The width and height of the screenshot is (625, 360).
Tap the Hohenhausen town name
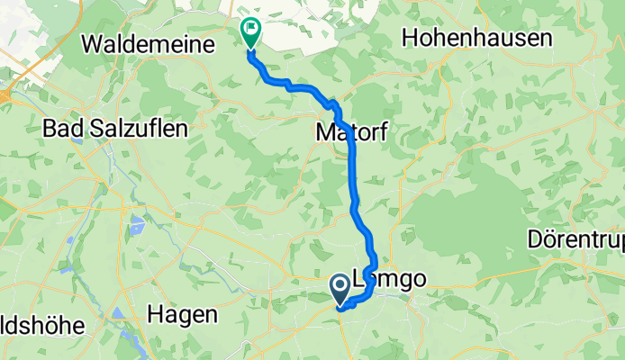click(x=465, y=38)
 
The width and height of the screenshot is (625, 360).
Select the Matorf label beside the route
click(x=352, y=133)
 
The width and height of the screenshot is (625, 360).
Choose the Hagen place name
click(x=183, y=315)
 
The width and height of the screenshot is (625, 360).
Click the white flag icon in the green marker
click(x=249, y=31)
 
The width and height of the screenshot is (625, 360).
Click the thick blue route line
click(x=353, y=180)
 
